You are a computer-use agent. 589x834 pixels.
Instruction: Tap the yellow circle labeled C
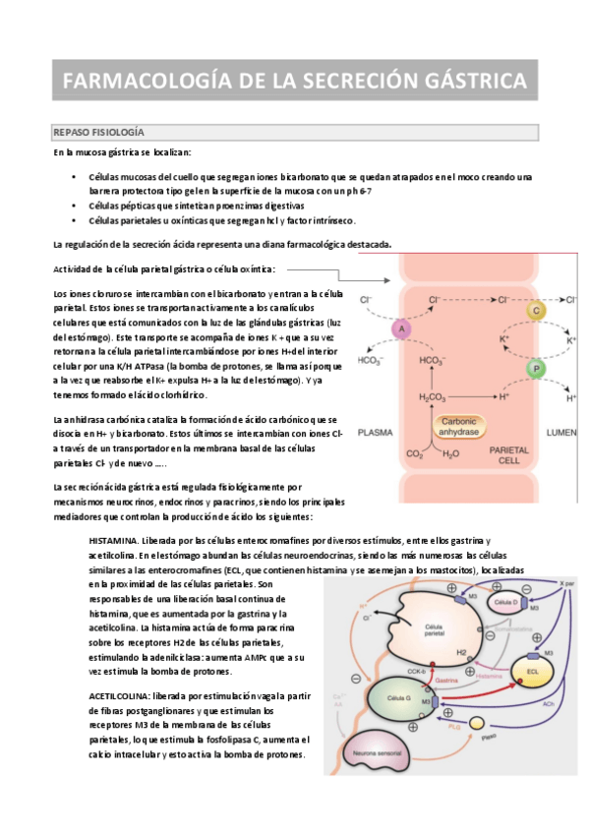(536, 311)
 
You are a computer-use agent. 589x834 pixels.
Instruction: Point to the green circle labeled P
(536, 369)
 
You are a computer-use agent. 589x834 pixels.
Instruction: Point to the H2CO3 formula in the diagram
(432, 396)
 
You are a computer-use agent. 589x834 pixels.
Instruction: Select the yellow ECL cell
(531, 675)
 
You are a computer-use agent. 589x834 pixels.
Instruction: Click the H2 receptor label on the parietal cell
(461, 651)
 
